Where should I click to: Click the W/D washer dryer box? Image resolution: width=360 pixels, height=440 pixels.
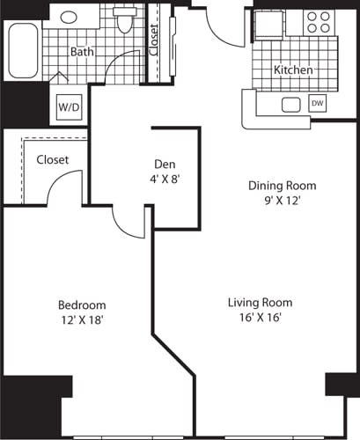pos(68,106)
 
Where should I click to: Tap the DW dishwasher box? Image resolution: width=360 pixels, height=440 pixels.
pos(317,104)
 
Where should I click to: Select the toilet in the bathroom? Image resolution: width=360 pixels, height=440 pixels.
pos(124,21)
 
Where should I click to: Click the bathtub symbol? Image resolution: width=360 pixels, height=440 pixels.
pos(23,51)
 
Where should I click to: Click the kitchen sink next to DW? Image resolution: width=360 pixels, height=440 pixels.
pos(290,105)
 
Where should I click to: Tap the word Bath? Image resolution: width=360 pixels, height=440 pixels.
pos(83,52)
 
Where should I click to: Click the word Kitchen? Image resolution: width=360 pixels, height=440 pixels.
pos(293,70)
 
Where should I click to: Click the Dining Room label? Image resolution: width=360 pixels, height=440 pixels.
pos(282,186)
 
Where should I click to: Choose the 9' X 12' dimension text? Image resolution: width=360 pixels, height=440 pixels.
pos(282,201)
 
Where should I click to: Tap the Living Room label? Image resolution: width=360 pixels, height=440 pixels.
pos(261,303)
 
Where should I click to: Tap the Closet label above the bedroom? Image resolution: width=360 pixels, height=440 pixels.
pos(52,160)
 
